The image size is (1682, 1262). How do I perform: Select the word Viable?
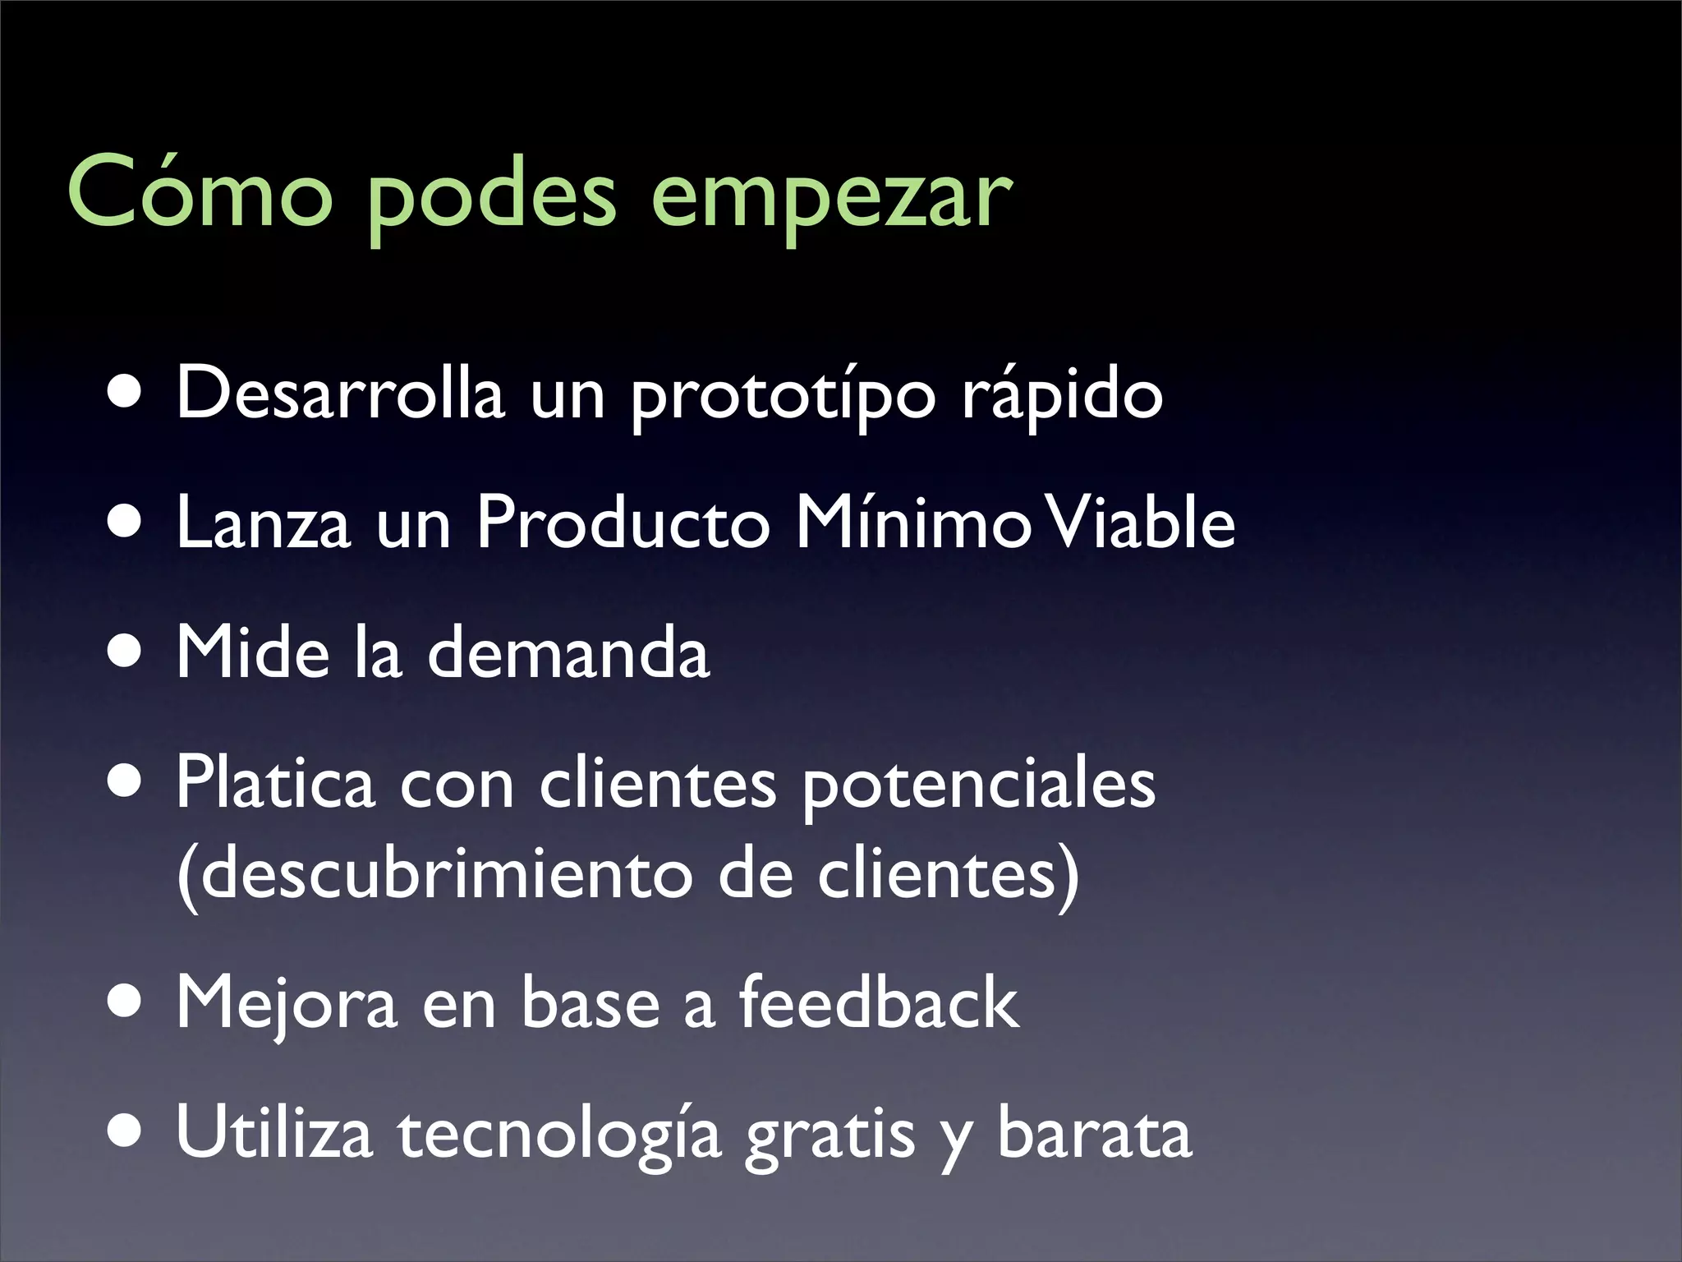pos(1142,523)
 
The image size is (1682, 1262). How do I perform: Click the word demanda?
pos(568,652)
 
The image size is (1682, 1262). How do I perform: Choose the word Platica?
pos(276,782)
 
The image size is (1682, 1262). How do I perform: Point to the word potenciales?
pos(978,785)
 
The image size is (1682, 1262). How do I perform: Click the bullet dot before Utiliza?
pos(127,1135)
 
